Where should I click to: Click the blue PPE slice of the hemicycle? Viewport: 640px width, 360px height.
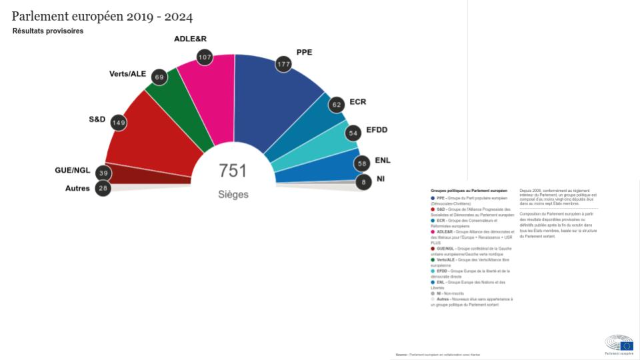click(267, 100)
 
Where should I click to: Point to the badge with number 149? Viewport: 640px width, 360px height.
click(119, 123)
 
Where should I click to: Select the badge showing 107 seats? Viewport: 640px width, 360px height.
click(205, 57)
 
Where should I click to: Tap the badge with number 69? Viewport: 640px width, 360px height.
click(159, 77)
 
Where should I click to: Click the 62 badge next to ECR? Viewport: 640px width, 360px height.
click(337, 104)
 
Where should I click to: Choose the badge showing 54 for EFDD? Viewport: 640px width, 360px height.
click(353, 133)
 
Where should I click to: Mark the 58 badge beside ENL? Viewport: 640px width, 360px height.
click(362, 163)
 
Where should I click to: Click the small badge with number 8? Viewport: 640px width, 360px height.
click(363, 181)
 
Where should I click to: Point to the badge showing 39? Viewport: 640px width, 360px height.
click(103, 173)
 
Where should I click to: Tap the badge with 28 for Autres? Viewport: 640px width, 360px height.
click(103, 188)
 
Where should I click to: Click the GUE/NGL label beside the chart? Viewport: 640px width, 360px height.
click(72, 171)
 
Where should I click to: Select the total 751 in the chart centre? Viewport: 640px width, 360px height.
click(233, 171)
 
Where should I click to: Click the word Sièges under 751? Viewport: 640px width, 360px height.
click(233, 195)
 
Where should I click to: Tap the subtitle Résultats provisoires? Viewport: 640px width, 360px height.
click(47, 31)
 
